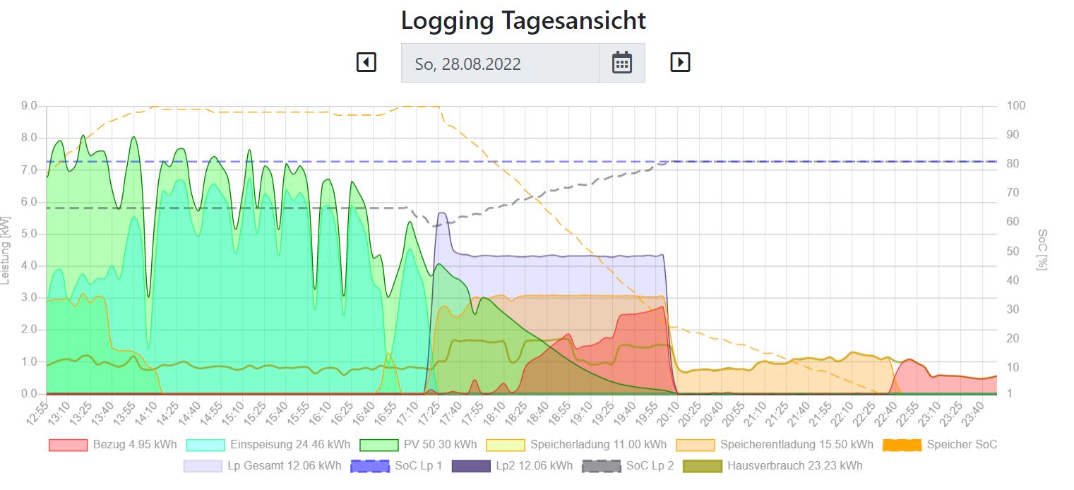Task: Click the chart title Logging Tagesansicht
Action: [x=523, y=20]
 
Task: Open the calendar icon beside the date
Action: [x=621, y=63]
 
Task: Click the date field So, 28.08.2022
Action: [x=500, y=64]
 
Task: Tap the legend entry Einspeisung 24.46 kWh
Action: [x=268, y=445]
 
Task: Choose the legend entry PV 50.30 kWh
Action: [x=418, y=445]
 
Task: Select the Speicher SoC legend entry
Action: [x=940, y=445]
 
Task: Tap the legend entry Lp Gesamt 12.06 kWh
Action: [x=262, y=466]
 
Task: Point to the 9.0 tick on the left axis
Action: [x=29, y=106]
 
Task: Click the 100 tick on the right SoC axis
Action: [x=1016, y=106]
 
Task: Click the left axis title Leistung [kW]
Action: [x=6, y=250]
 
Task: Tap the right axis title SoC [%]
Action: [x=1042, y=250]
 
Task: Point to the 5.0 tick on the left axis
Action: [x=29, y=234]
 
